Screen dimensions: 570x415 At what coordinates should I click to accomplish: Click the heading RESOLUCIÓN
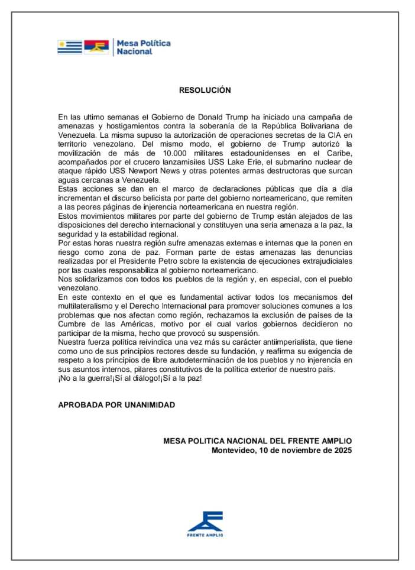pos(205,90)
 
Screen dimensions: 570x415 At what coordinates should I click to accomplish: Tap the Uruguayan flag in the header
pos(69,47)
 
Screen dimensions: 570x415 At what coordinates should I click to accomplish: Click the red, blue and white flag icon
pos(96,47)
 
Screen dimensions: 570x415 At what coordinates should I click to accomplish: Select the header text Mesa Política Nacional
pos(143,47)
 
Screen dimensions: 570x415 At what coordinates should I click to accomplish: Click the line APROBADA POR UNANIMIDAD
pos(116,405)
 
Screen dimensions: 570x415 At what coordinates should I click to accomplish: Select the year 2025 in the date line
pos(342,450)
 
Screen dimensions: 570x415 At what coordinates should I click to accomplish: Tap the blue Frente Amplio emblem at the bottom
pos(205,520)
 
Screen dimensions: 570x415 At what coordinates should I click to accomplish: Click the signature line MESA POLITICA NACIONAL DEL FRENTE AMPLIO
pos(257,441)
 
